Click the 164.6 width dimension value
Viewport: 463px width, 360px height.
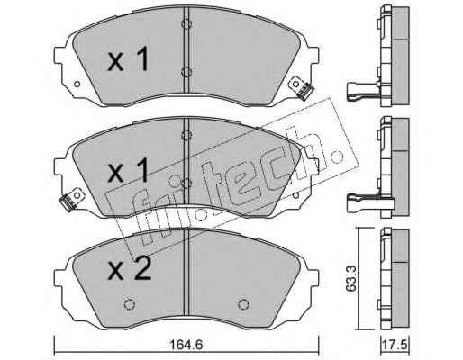click(x=186, y=345)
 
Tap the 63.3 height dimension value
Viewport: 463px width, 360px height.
click(x=350, y=278)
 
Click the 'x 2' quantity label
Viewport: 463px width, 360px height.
click(x=130, y=269)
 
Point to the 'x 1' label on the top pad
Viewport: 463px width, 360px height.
click(x=128, y=58)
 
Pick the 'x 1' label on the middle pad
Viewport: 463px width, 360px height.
click(x=128, y=170)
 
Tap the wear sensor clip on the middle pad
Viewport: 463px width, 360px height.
click(x=71, y=200)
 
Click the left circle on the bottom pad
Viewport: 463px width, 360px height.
click(x=130, y=304)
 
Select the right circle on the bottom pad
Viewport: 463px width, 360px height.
click(x=243, y=304)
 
